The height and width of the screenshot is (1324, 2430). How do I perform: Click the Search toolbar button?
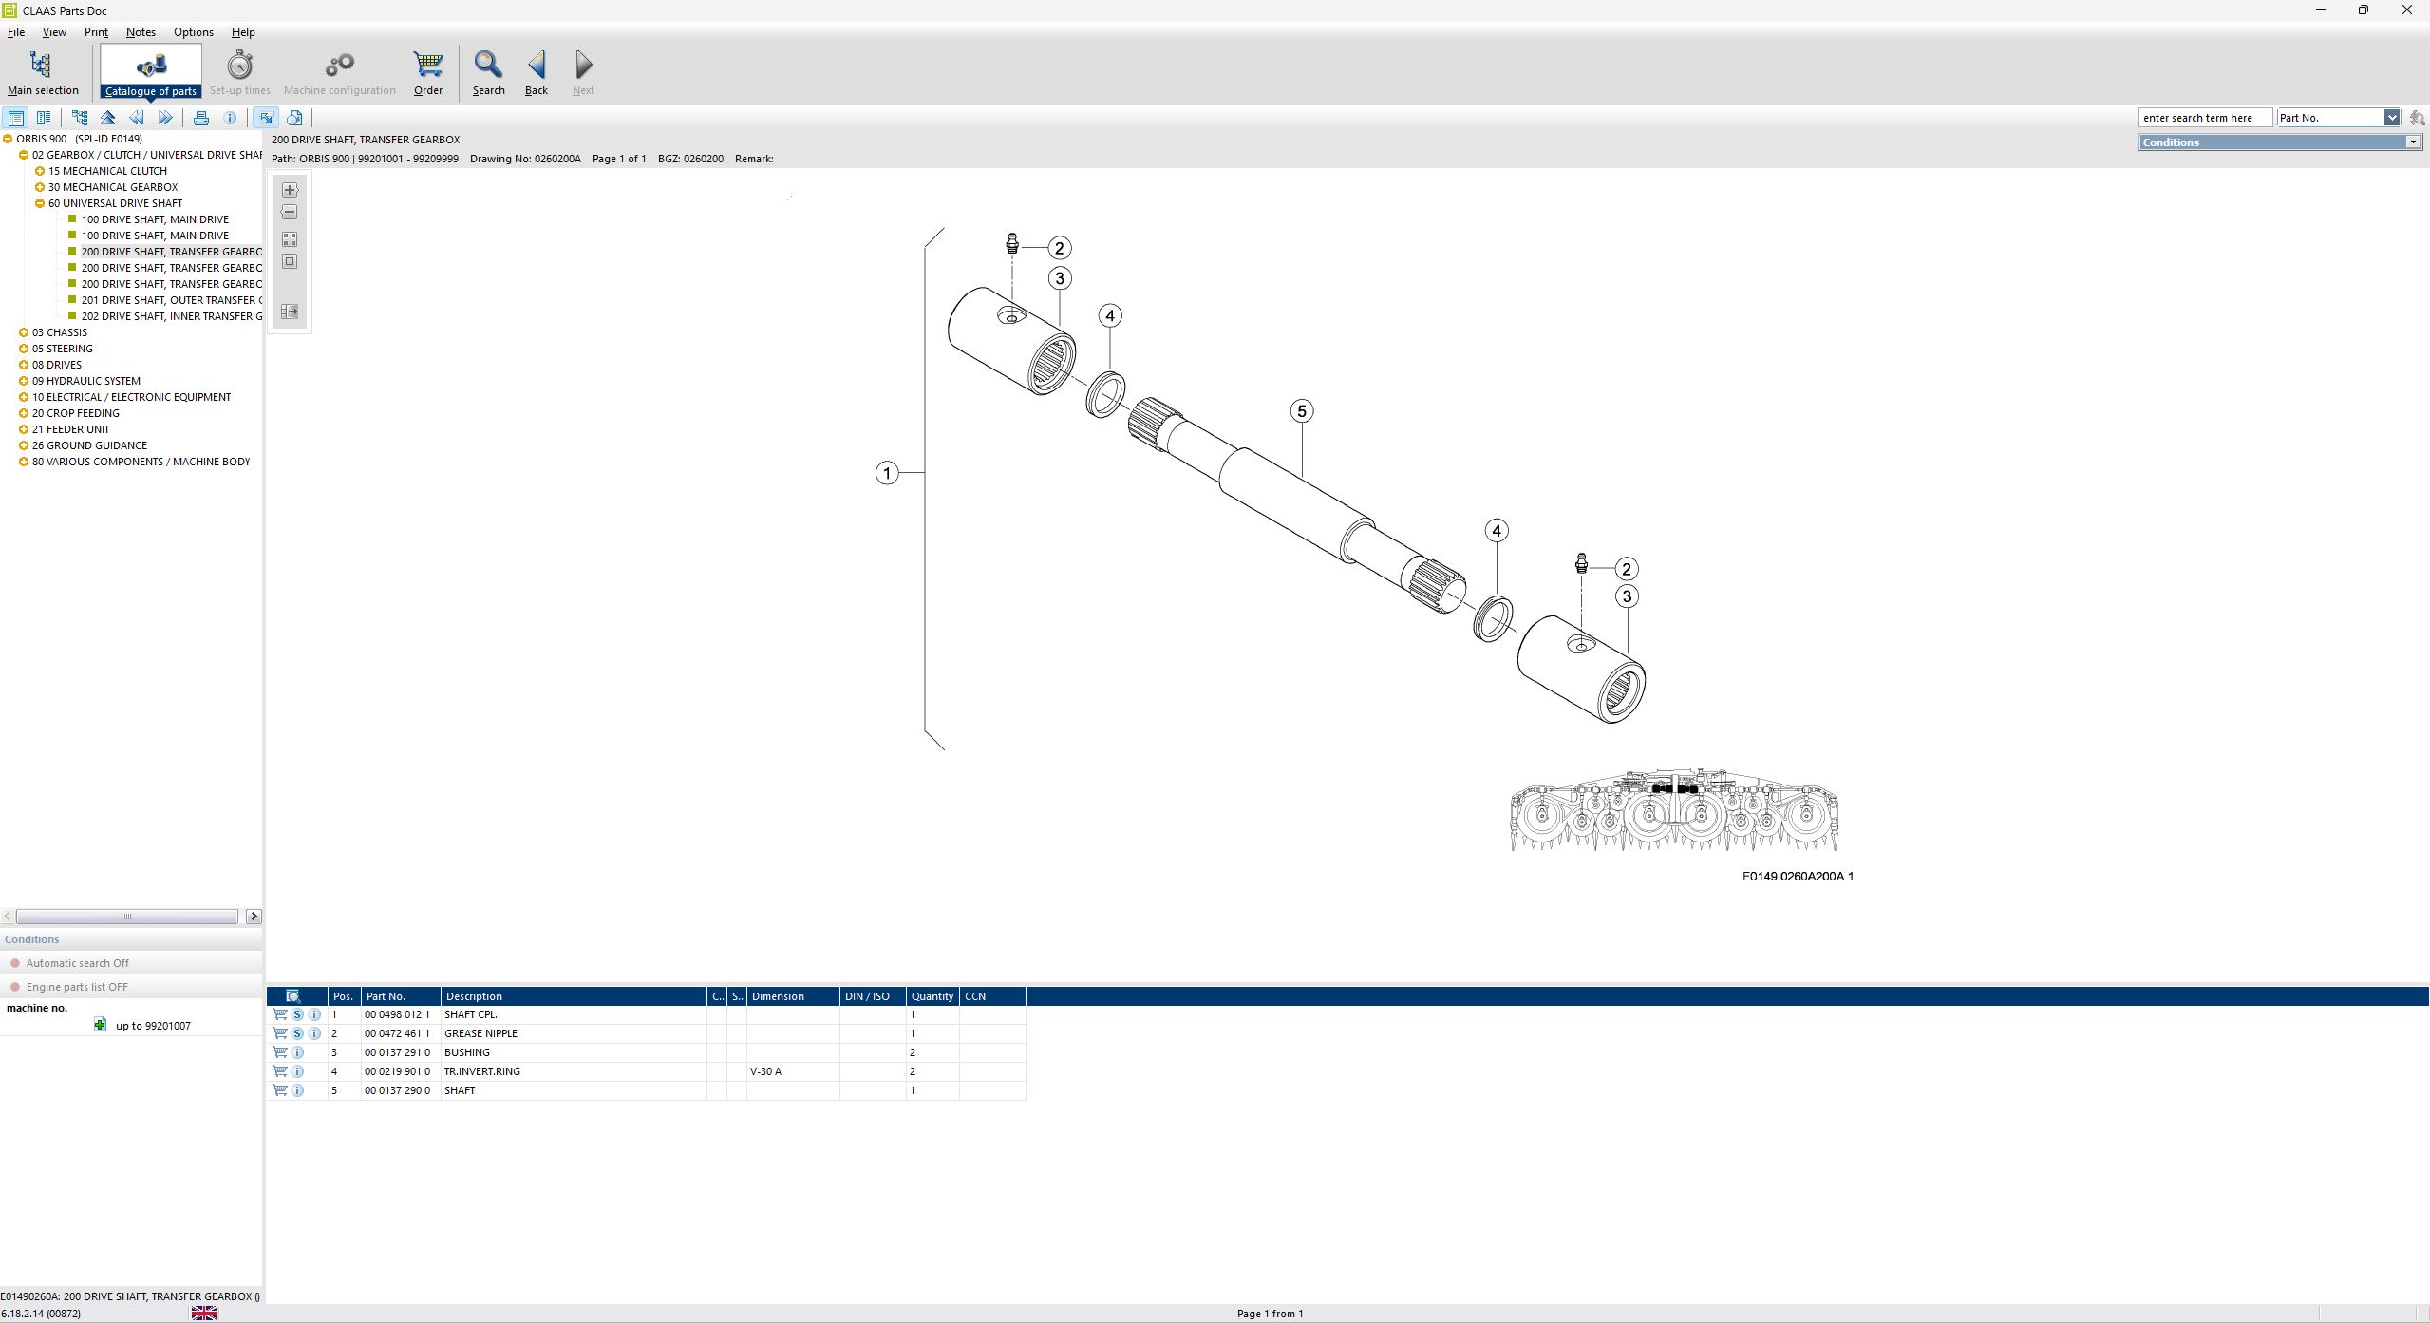pos(488,72)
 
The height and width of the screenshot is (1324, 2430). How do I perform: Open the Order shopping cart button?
pos(428,72)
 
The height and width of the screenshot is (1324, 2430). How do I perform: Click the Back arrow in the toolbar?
pos(537,72)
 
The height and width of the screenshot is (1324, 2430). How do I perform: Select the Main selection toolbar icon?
pos(42,72)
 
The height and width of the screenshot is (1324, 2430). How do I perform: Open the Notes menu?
pos(141,32)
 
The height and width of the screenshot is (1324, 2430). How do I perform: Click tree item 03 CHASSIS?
pos(59,332)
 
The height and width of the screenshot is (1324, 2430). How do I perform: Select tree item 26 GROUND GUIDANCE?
pos(89,445)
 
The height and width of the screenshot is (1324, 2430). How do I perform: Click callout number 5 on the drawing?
pos(1302,411)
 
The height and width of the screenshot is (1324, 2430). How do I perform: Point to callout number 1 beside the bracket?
pos(887,473)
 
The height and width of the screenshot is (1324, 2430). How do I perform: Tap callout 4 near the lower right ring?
pos(1497,531)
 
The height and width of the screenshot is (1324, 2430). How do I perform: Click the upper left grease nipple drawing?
pos(1012,244)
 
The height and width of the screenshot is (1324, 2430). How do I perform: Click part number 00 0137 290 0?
pos(397,1090)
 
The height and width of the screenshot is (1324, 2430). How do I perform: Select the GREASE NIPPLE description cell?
pos(480,1033)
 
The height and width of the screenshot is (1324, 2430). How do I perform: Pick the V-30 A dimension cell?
pos(765,1071)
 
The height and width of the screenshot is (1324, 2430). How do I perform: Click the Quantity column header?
pos(932,996)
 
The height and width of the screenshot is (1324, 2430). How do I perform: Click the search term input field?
pos(2203,118)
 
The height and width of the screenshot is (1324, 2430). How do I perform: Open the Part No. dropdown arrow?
pos(2391,118)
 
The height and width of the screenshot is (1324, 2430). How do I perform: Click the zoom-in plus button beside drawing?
pos(290,190)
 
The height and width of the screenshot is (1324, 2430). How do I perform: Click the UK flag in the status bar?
pos(204,1314)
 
